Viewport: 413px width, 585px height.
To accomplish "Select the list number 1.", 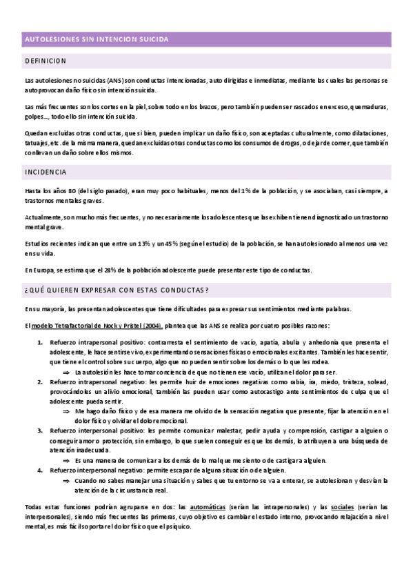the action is coord(39,343).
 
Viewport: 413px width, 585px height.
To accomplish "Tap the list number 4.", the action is coord(39,469).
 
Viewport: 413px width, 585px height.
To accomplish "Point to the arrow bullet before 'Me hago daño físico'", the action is coord(66,410).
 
